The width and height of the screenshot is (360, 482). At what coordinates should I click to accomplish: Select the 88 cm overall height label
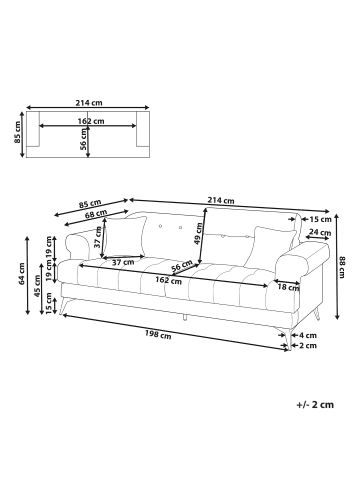344,262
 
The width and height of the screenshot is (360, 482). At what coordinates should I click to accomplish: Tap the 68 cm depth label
97,213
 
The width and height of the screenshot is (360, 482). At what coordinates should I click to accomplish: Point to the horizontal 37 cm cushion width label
123,262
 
